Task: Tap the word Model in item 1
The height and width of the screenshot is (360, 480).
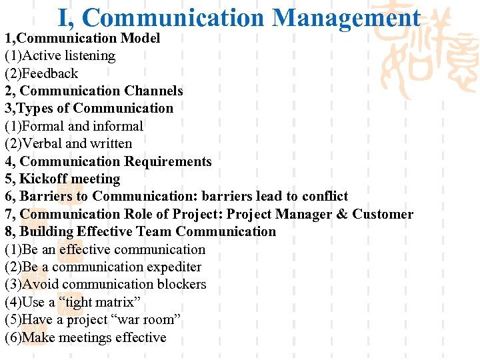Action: pos(140,39)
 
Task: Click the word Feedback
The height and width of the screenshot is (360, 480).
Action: pos(50,73)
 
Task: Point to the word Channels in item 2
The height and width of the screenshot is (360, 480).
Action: pos(151,91)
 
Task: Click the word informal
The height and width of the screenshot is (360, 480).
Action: pos(118,126)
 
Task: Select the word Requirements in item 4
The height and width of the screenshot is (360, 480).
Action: pos(167,161)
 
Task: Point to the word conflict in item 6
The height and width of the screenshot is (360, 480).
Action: pos(325,196)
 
